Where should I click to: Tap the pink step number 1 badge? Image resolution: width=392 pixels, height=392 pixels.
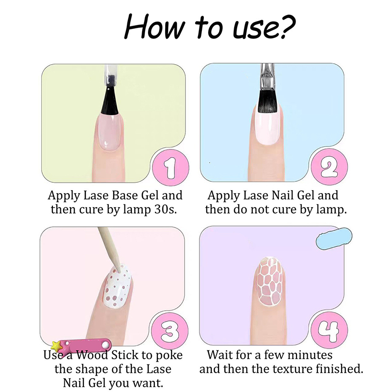pos(170,168)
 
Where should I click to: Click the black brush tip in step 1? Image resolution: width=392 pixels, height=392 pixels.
pos(110,100)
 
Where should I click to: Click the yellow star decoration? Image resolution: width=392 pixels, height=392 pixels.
pos(57,346)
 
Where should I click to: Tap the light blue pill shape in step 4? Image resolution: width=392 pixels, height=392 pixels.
pos(334,238)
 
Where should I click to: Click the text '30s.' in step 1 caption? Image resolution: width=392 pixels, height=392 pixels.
pos(166,210)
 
